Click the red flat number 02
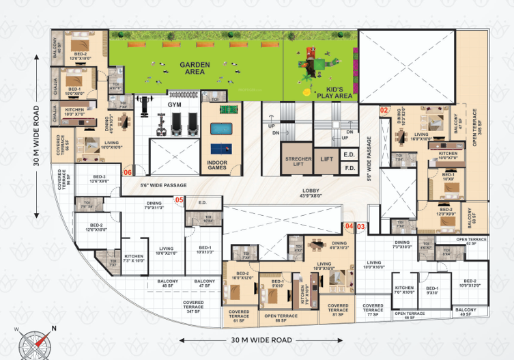(384, 110)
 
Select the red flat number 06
(127, 173)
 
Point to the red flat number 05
(179, 200)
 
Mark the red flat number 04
(349, 226)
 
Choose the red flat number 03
(361, 226)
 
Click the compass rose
(33, 341)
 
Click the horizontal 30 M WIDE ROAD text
(261, 340)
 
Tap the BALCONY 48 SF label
(168, 284)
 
